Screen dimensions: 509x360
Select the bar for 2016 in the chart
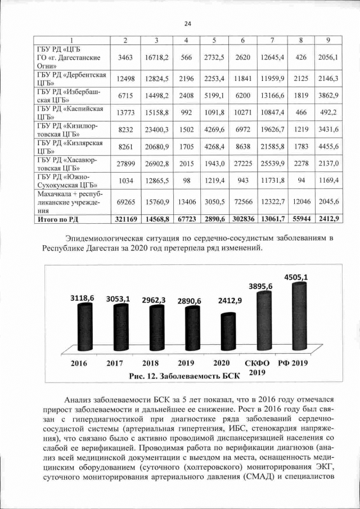pos(82,326)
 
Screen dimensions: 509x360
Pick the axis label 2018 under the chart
pos(153,363)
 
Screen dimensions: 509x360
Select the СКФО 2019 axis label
pos(257,367)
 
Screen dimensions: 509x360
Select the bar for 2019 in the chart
pos(190,329)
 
